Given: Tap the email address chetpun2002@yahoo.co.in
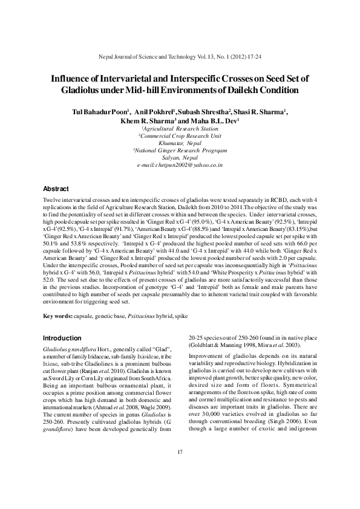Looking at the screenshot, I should click(180, 164).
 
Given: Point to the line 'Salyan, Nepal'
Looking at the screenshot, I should click(180, 157).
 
